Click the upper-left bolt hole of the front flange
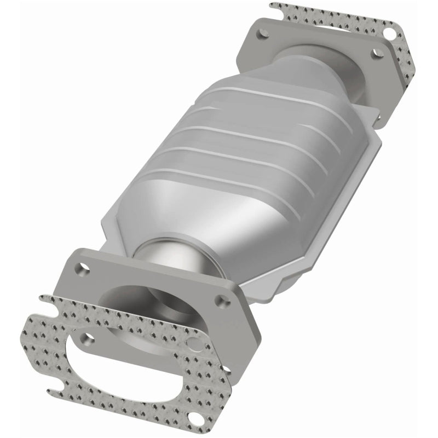pyautogui.click(x=83, y=269)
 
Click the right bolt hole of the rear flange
pyautogui.click(x=376, y=54)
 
